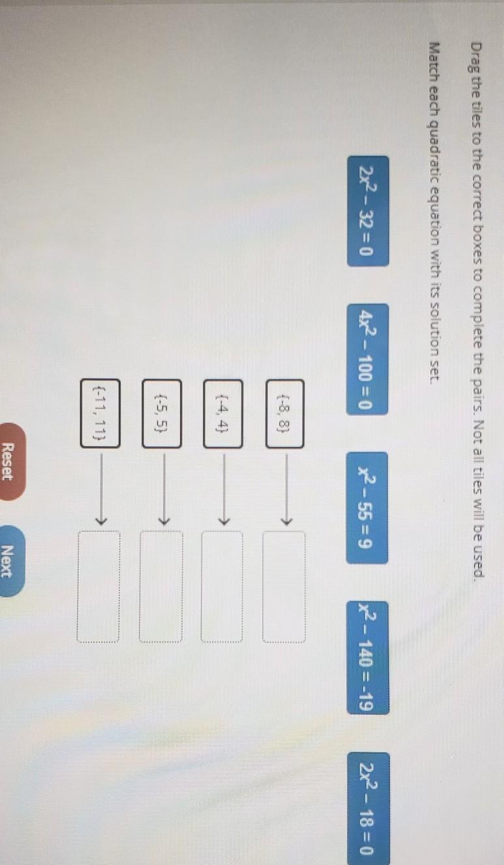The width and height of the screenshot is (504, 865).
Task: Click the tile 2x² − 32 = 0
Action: tap(368, 211)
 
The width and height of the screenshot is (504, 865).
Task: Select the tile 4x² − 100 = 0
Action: tap(368, 359)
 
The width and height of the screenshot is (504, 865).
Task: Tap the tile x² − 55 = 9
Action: tap(368, 507)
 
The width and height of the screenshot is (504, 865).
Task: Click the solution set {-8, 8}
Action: tap(284, 413)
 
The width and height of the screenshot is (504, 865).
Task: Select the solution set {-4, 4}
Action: tap(223, 413)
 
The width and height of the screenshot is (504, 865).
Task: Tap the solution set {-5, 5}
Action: tap(162, 413)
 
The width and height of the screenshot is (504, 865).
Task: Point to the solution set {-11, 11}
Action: tap(100, 413)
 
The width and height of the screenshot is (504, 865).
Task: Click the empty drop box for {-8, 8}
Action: tap(284, 587)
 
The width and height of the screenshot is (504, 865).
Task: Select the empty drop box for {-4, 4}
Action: tap(222, 587)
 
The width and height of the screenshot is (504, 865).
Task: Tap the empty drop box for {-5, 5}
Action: tap(161, 587)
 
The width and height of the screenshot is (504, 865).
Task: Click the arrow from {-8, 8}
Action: tap(285, 489)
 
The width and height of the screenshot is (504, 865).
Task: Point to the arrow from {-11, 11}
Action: tap(100, 489)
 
